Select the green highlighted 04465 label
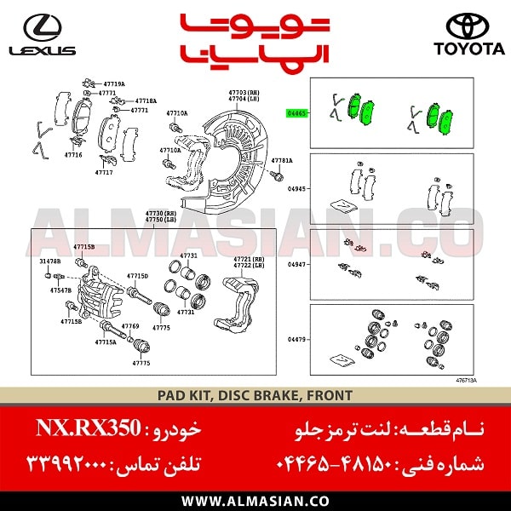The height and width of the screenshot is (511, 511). (297, 112)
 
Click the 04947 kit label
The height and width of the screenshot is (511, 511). (297, 265)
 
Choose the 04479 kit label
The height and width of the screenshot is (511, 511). (297, 340)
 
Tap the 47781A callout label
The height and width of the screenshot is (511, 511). (282, 160)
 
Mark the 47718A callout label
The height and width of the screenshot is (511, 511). (146, 100)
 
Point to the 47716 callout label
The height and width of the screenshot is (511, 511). (73, 156)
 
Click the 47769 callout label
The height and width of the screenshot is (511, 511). (130, 326)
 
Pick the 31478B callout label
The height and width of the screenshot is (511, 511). (49, 261)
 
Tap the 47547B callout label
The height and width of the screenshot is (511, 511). (60, 290)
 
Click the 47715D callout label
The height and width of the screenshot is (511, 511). (138, 276)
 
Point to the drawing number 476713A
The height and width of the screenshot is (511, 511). (465, 380)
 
